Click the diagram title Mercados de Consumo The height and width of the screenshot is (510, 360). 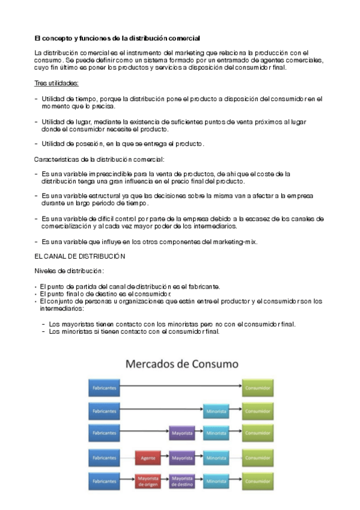click(181, 364)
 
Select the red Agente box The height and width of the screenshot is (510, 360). click(148, 458)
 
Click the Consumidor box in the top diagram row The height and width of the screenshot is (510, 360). click(257, 388)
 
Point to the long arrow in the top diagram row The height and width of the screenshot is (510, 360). click(180, 388)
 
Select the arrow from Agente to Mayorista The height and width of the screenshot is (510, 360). click(165, 458)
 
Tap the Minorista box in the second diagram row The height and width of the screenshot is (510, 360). click(216, 411)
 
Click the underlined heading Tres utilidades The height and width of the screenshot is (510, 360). click(56, 83)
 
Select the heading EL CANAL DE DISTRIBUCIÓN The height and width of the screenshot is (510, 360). click(80, 256)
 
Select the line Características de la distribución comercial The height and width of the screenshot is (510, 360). click(99, 159)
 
